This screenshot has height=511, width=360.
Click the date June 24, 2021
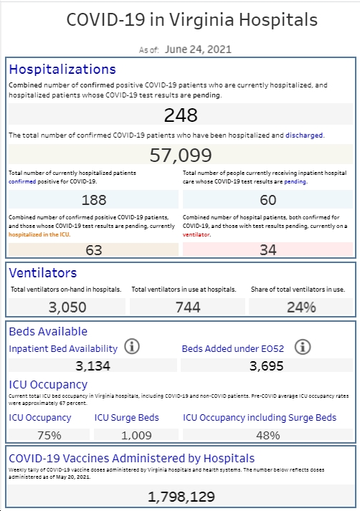pyautogui.click(x=198, y=49)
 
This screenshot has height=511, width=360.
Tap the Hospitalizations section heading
pyautogui.click(x=62, y=70)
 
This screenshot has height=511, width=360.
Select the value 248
pyautogui.click(x=181, y=115)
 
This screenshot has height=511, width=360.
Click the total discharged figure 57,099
pyautogui.click(x=181, y=155)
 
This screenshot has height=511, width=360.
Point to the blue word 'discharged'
pyautogui.click(x=304, y=135)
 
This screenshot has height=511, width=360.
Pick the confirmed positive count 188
pyautogui.click(x=94, y=200)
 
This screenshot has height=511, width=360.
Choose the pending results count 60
pyautogui.click(x=268, y=200)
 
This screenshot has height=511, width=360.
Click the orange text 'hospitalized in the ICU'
pyautogui.click(x=39, y=234)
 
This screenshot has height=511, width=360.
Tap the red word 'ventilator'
pyautogui.click(x=196, y=234)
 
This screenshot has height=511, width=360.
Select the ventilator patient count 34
pyautogui.click(x=268, y=250)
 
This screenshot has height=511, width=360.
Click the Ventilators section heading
pyautogui.click(x=43, y=273)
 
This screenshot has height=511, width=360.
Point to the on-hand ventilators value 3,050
pyautogui.click(x=67, y=307)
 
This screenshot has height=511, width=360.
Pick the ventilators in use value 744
pyautogui.click(x=188, y=307)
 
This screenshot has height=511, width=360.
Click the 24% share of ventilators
pyautogui.click(x=301, y=307)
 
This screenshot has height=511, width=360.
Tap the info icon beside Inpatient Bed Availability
pyautogui.click(x=132, y=346)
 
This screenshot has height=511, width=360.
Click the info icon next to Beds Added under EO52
pyautogui.click(x=303, y=347)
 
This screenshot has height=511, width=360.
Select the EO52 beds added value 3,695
pyautogui.click(x=266, y=366)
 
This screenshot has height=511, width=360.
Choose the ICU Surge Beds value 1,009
pyautogui.click(x=136, y=435)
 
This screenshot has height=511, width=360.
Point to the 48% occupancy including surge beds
pyautogui.click(x=268, y=435)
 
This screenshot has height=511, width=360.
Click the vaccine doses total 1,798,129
pyautogui.click(x=181, y=497)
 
